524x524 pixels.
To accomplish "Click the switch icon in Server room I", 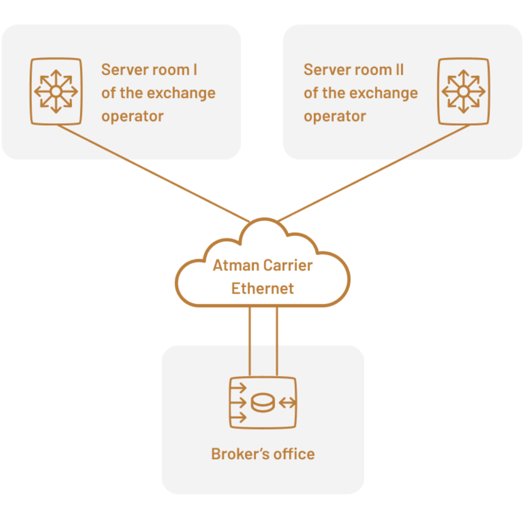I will click(56, 92).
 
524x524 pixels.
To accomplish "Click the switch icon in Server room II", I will click(464, 92).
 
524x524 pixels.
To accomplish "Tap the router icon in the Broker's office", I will click(263, 402).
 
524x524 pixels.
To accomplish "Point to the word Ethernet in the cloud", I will click(263, 289).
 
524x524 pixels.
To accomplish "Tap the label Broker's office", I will click(263, 454).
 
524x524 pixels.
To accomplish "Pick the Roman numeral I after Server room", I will click(195, 70).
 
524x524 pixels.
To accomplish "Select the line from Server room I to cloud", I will click(150, 172).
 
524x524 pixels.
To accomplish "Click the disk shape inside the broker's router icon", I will click(262, 403).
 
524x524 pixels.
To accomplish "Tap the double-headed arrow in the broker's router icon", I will click(287, 403).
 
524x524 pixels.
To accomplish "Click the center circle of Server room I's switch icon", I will click(56, 92).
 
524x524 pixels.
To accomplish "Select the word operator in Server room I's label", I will click(132, 116).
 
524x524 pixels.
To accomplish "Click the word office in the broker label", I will click(294, 454).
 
